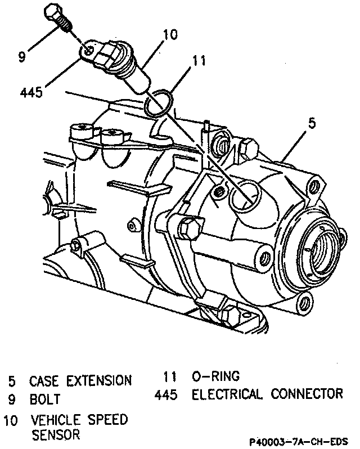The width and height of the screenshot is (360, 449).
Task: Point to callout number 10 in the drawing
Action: point(168,35)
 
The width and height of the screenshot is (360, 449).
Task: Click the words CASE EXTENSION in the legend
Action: point(80,380)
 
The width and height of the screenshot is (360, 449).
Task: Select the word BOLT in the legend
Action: point(46,400)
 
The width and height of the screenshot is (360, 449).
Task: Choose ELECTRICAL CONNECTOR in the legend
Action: point(267,394)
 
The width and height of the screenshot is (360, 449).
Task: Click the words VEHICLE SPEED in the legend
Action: point(79,420)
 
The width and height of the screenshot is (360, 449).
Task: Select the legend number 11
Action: point(171,376)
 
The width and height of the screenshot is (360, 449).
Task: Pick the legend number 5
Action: point(12,381)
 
